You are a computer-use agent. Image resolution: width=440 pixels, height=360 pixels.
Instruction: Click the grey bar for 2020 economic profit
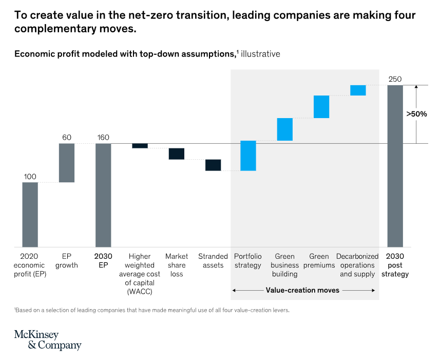coord(30,214)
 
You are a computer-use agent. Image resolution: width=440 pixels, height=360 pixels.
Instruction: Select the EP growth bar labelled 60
coord(67,162)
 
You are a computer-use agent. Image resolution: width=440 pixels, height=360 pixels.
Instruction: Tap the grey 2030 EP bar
coord(103,195)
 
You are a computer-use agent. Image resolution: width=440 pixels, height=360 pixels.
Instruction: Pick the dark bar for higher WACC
coord(140,146)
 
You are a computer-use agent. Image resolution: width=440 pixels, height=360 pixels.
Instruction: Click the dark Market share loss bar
coord(177,154)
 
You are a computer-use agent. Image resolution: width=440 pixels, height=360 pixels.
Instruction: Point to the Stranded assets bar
coord(213,165)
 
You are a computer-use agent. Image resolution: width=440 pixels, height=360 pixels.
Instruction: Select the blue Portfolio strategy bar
coord(248,156)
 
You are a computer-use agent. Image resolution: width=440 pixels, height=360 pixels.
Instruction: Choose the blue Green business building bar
coord(285,129)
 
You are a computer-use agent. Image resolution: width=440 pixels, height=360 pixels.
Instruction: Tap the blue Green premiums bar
coord(321,107)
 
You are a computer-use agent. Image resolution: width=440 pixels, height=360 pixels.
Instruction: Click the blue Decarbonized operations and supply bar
coord(358,90)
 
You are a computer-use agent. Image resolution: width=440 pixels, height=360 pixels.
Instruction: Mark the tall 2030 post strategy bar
coord(395,166)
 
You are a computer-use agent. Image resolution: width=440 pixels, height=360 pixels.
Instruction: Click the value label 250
coord(395,79)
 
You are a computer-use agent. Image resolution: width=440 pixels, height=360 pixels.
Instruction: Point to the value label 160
coord(103,138)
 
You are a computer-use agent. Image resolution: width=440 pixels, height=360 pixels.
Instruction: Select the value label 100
coord(30,177)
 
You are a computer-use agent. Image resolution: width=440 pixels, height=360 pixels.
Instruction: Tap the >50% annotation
coord(416,114)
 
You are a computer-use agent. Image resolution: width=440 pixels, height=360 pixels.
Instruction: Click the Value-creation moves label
coord(302,290)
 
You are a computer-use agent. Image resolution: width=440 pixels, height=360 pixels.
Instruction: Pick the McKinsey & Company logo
coord(47,340)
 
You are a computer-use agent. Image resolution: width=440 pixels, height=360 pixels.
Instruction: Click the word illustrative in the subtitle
coord(260,53)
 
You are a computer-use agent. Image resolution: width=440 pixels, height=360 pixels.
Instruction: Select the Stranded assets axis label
coord(213,260)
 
